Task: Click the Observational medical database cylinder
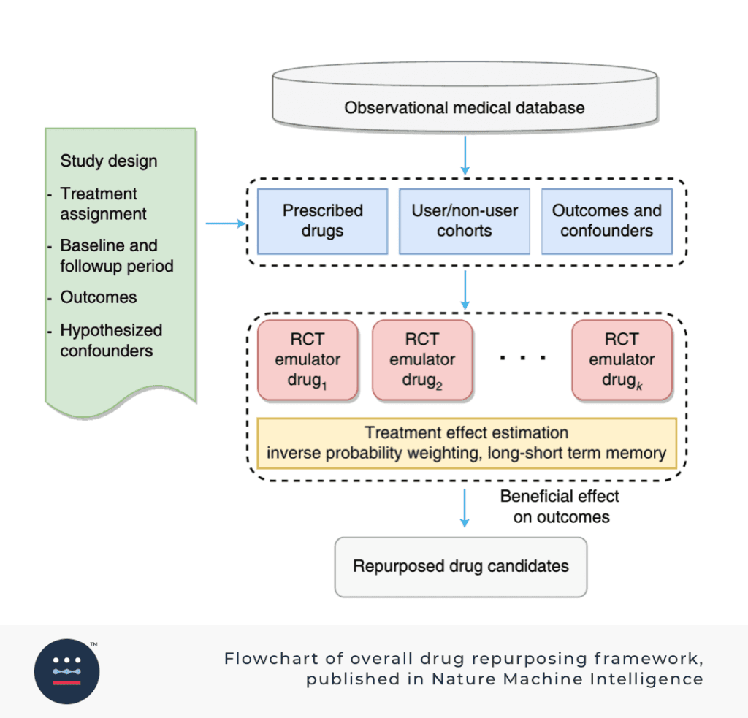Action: click(x=465, y=107)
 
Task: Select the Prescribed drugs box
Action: click(x=322, y=221)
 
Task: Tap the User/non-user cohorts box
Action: click(x=465, y=221)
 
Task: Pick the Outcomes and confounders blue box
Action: click(x=606, y=221)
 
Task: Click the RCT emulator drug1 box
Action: click(x=308, y=360)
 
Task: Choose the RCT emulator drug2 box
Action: click(x=422, y=360)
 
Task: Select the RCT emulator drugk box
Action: click(x=622, y=360)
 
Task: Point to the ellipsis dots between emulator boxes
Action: click(x=523, y=358)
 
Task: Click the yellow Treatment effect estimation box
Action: click(x=466, y=443)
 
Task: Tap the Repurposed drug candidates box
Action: click(x=460, y=567)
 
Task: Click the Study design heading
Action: click(x=109, y=161)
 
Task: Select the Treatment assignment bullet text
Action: click(x=102, y=204)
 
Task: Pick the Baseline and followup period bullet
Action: click(x=116, y=256)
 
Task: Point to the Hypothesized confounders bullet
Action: click(x=111, y=340)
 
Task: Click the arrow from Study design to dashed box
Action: click(x=224, y=224)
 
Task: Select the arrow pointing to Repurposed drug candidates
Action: click(x=465, y=508)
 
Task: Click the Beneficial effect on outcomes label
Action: click(x=560, y=507)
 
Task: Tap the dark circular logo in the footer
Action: click(x=67, y=671)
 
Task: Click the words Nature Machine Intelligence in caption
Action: click(x=568, y=679)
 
